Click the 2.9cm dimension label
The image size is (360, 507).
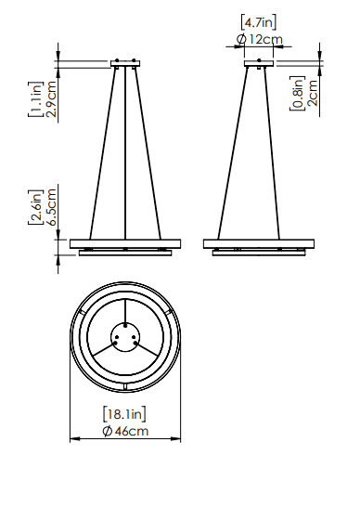pos(51,98)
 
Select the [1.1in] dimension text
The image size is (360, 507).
pos(35,99)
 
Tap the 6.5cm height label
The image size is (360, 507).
pos(51,207)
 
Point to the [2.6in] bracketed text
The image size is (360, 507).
pos(35,207)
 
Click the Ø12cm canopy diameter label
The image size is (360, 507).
pos(260,39)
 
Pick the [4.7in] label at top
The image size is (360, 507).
pos(259,22)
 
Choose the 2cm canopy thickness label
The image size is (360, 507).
pos(313,93)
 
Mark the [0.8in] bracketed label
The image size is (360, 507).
pos(297,93)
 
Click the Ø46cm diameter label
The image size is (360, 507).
pos(125,431)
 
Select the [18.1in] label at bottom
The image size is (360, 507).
pos(124,414)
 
